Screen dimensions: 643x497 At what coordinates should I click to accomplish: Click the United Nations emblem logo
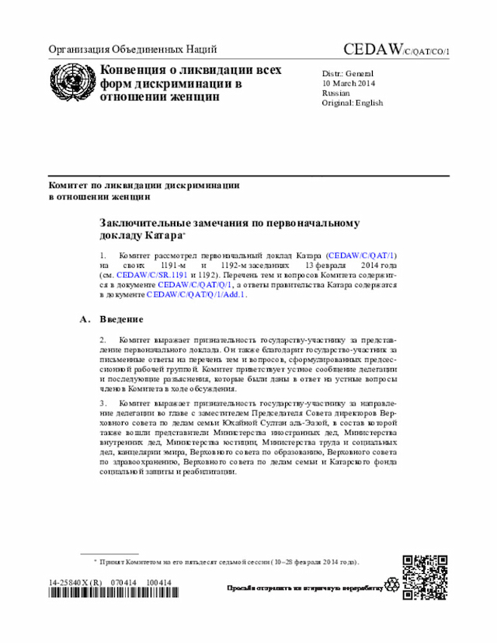[71, 81]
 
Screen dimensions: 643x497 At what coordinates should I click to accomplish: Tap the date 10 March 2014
[349, 83]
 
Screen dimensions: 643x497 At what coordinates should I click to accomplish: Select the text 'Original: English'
[352, 103]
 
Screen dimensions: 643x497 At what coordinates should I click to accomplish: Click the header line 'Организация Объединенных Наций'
[132, 49]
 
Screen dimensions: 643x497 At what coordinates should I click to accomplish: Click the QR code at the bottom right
[424, 577]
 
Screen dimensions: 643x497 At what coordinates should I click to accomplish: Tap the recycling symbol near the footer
[392, 582]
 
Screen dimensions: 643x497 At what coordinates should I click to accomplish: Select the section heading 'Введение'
[121, 318]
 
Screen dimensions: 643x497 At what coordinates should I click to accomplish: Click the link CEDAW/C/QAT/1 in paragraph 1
[363, 255]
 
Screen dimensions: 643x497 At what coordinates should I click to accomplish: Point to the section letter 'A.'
[85, 318]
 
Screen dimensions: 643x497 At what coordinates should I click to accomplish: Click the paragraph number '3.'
[103, 402]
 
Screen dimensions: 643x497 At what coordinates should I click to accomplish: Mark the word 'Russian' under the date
[336, 93]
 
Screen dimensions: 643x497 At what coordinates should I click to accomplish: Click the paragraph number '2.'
[103, 339]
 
